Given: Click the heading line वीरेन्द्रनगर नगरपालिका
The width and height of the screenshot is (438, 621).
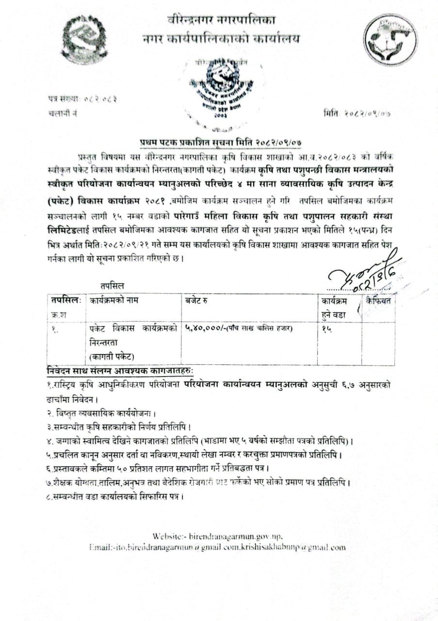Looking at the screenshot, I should click(x=221, y=20).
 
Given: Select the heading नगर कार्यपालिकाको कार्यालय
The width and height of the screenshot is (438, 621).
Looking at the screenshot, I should click(x=221, y=38).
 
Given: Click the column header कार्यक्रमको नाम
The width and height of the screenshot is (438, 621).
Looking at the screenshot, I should click(x=114, y=300).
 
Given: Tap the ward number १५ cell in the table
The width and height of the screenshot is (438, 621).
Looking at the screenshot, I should click(x=326, y=328).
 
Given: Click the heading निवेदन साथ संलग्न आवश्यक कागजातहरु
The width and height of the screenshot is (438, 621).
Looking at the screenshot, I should click(x=120, y=371).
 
